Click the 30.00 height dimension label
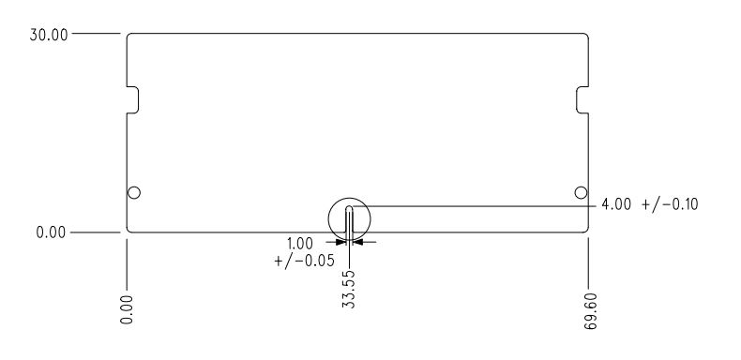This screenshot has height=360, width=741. coord(49,35)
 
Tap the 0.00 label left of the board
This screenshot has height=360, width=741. coord(52,232)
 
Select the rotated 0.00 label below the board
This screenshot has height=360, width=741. coord(127,309)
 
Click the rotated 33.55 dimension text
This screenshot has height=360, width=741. coord(348,289)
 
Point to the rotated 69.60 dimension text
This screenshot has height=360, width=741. coord(591,311)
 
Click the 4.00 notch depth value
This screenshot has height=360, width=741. coord(616,204)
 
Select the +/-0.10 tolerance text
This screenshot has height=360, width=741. coord(670,204)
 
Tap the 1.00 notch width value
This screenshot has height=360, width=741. coord(300,244)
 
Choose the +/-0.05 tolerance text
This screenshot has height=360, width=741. coord(304,261)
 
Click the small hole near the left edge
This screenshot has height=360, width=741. coord(134,193)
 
